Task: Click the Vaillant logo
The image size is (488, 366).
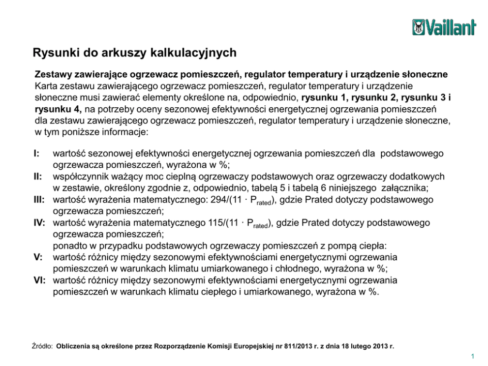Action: pyautogui.click(x=444, y=27)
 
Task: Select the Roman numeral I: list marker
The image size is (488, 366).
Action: pyautogui.click(x=37, y=154)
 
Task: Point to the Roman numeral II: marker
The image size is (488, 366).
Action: pyautogui.click(x=38, y=176)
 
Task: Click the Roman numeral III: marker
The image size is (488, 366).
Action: pyautogui.click(x=39, y=199)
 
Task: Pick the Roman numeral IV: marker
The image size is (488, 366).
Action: pyautogui.click(x=40, y=223)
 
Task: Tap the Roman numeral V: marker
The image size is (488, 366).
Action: pyautogui.click(x=38, y=257)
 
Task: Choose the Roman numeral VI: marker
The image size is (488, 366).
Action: pyautogui.click(x=40, y=280)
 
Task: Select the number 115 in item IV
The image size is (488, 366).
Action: pyautogui.click(x=216, y=223)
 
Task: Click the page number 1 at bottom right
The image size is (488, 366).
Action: pyautogui.click(x=472, y=356)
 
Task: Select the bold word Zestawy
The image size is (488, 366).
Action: pyautogui.click(x=54, y=74)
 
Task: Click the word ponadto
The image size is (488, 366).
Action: pyautogui.click(x=69, y=245)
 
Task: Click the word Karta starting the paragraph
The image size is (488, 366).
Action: pyautogui.click(x=46, y=86)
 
